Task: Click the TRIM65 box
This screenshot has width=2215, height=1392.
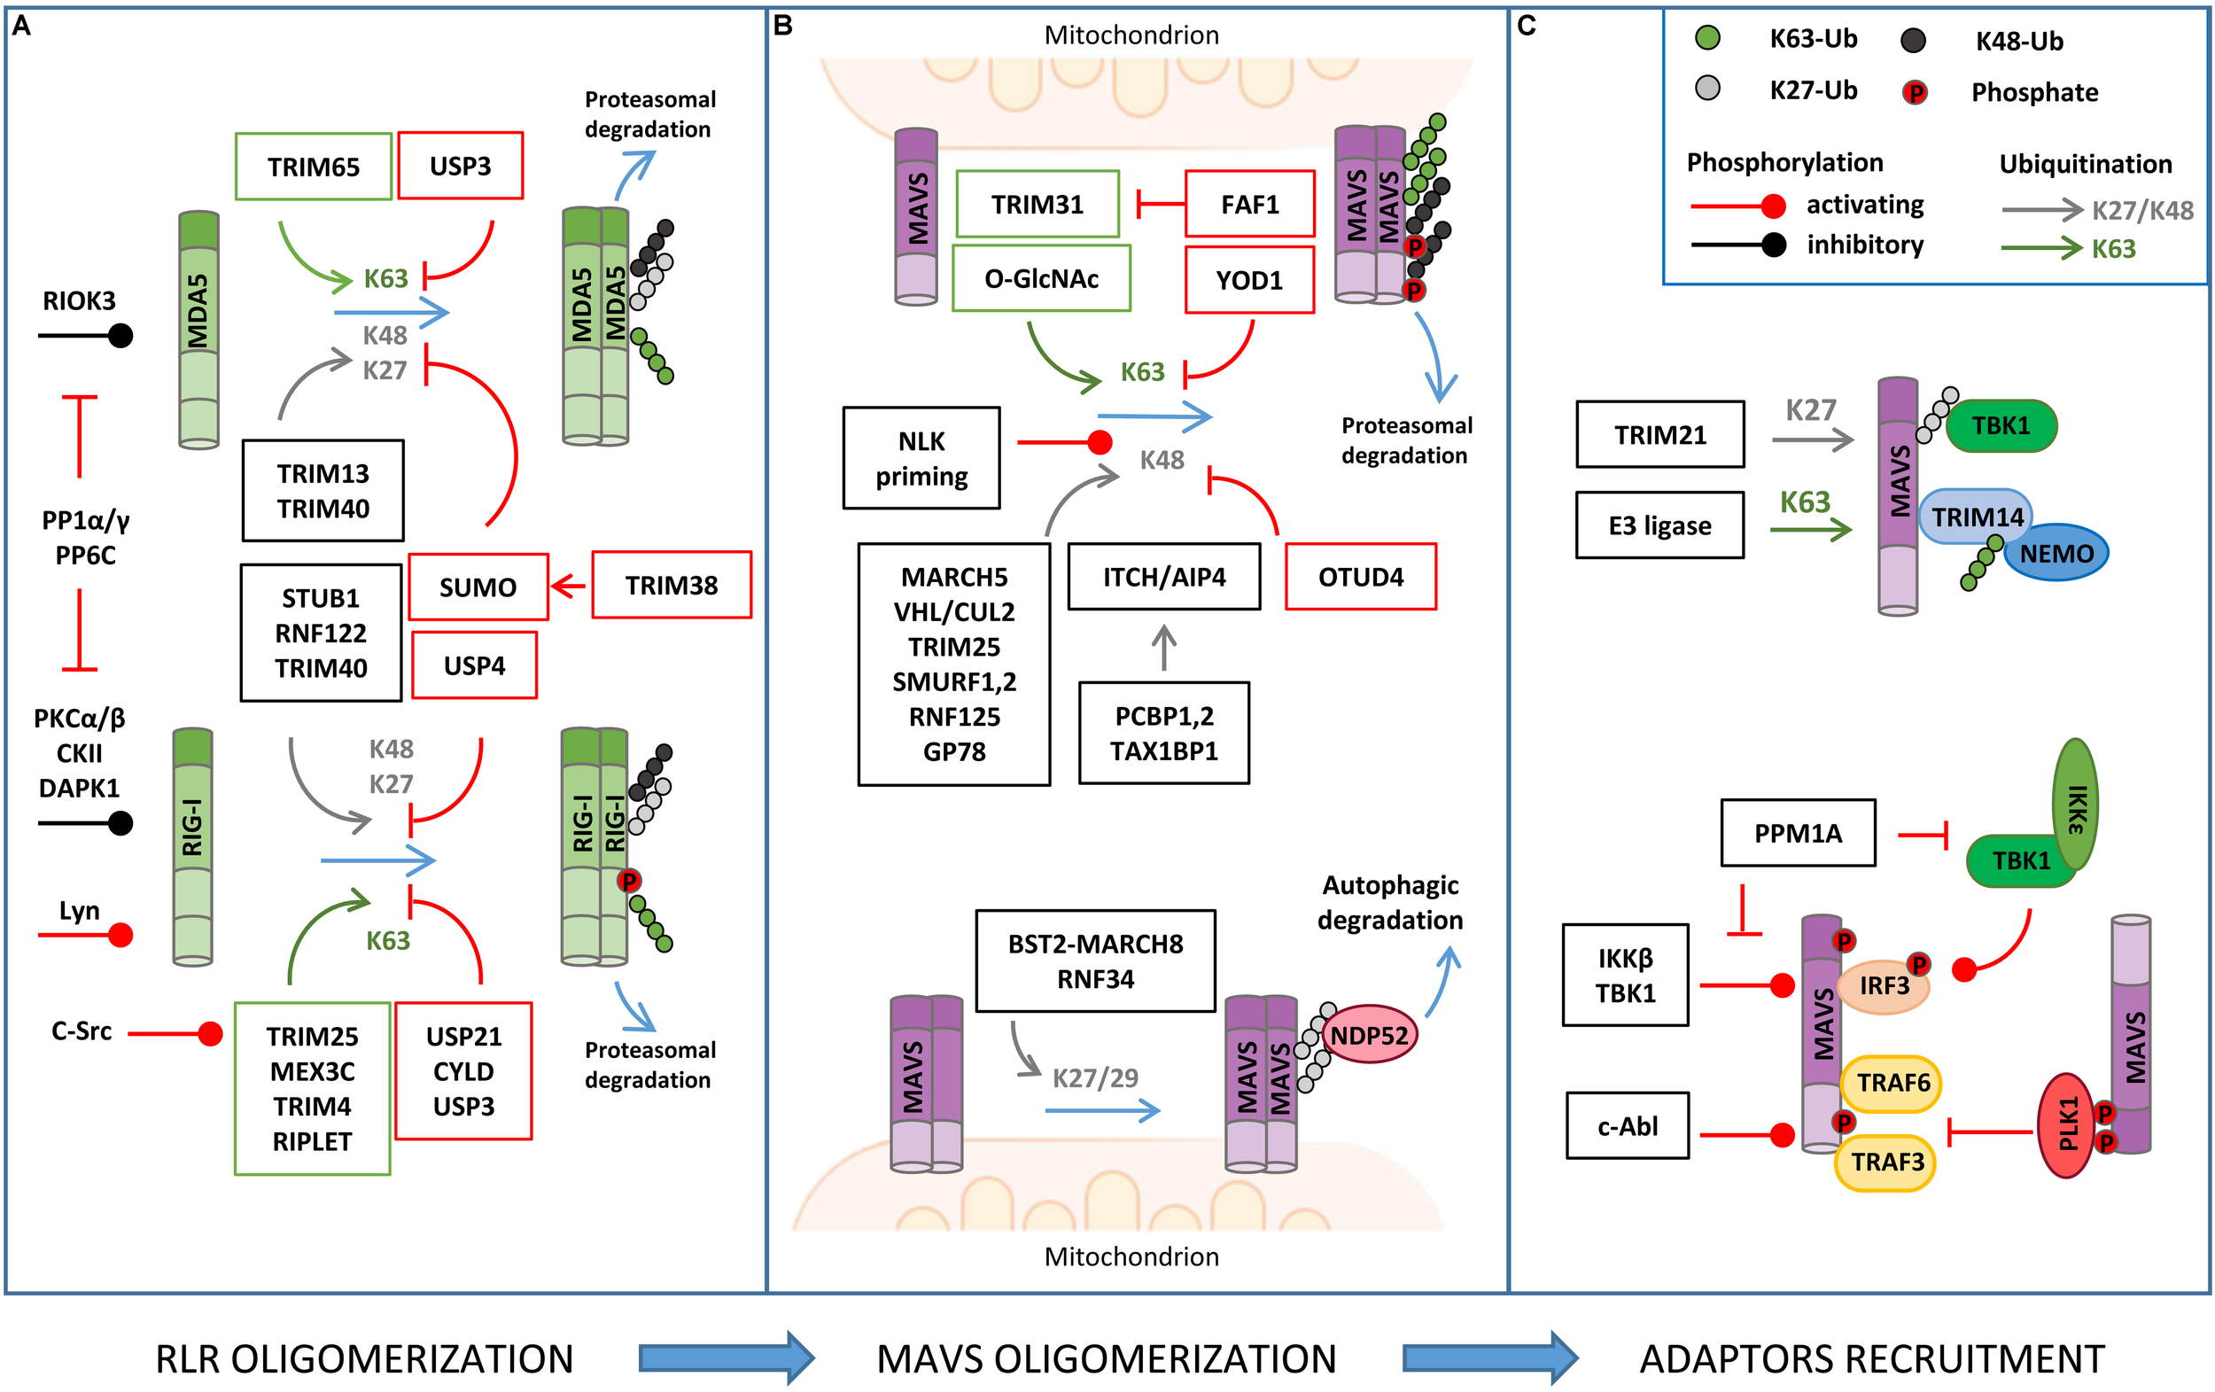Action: [314, 167]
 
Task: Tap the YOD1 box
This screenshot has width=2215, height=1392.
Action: [1249, 280]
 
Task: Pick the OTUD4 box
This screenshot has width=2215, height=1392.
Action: [1361, 577]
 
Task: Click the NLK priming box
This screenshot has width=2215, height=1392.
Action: [921, 458]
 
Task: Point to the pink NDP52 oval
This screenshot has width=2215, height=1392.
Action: [1369, 1034]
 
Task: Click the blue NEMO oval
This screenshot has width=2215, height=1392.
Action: [2056, 553]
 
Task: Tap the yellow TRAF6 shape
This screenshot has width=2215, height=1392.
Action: [1892, 1083]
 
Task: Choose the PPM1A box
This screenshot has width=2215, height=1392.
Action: [1798, 833]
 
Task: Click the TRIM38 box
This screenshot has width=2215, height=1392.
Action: [672, 585]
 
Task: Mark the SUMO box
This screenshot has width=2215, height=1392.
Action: [478, 587]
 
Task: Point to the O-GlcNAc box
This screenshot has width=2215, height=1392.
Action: [1041, 278]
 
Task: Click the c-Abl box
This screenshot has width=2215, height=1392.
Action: [1628, 1125]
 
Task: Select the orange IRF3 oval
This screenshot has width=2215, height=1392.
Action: [1883, 986]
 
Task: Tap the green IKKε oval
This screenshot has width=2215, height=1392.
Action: [2075, 805]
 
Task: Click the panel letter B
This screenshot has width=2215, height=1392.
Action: [783, 26]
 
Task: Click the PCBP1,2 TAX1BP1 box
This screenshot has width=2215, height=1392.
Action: [1163, 734]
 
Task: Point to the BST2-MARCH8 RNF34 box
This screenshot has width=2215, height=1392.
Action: [1096, 961]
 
